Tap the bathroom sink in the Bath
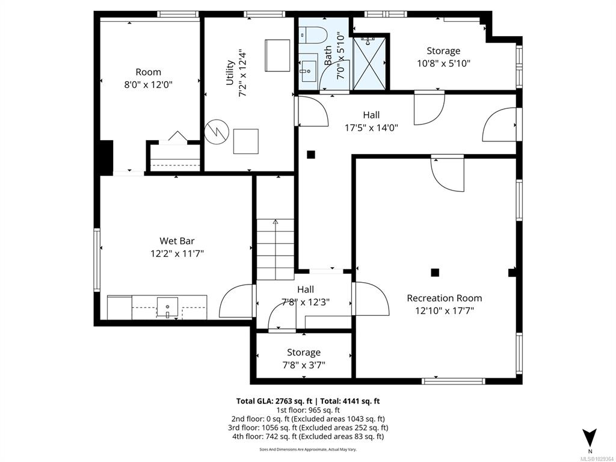309,71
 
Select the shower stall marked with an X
369,63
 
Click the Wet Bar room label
177,241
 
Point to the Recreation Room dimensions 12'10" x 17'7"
445,311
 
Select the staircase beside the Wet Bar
276,249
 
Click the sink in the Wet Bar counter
167,307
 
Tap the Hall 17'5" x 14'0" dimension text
371,128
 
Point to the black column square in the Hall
311,155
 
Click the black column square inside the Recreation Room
434,273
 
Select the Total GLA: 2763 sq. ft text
274,401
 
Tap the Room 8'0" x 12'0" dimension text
149,84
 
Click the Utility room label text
230,72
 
